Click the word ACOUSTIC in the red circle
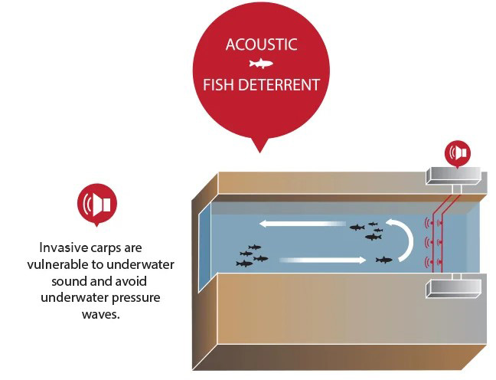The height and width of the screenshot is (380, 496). click(261, 44)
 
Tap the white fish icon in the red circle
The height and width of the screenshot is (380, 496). click(261, 64)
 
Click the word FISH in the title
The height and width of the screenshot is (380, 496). click(220, 84)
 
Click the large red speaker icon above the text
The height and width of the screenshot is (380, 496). click(97, 203)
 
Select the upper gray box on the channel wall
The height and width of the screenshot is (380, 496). click(455, 176)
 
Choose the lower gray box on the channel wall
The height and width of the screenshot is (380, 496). click(455, 288)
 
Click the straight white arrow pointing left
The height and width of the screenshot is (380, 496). click(291, 224)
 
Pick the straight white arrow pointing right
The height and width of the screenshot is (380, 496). click(322, 260)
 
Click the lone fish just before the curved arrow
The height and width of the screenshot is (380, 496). click(383, 260)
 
